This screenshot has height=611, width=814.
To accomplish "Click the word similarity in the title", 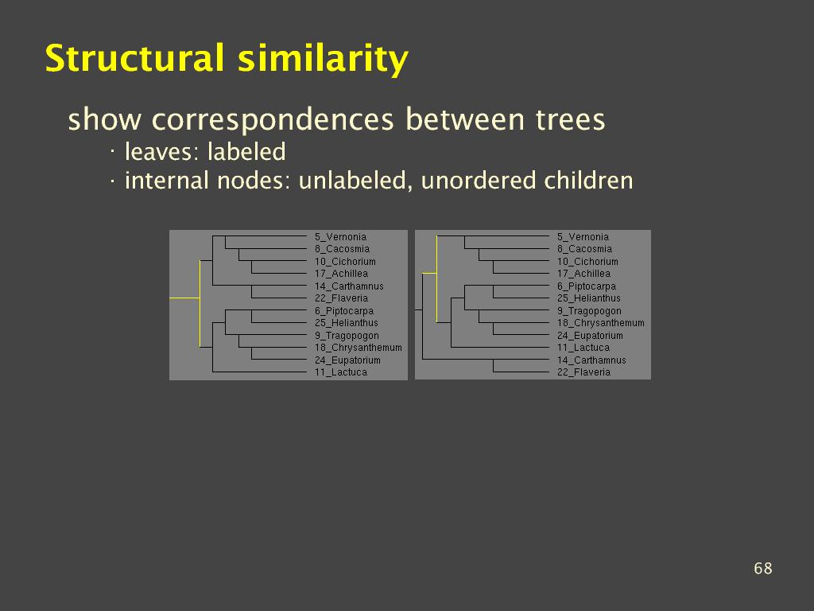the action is pos(323,59).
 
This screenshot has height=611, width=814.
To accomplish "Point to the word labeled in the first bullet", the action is pos(246,152).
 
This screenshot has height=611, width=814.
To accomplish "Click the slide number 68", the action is pos(762,568).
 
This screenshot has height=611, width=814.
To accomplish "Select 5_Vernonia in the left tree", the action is pos(340,237).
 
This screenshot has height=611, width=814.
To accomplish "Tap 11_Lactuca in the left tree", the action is pos(341,372).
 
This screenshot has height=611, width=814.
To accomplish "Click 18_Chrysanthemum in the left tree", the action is pos(359,348).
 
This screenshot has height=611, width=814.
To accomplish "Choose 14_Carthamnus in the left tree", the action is pos(349,286).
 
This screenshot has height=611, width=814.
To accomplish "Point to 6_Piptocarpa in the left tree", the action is pos(344,311).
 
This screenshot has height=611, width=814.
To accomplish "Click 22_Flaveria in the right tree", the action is pos(583,372).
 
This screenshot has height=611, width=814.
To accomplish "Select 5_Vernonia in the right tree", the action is pos(583,237).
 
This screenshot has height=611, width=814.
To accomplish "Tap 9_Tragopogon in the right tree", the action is pos(589,311).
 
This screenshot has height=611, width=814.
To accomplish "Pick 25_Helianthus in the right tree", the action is pos(589,298).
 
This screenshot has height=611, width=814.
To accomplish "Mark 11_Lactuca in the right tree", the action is pos(583,348).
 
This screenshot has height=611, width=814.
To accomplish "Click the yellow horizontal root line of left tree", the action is pos(184,298).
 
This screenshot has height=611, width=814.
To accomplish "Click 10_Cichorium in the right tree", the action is pos(587,261).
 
